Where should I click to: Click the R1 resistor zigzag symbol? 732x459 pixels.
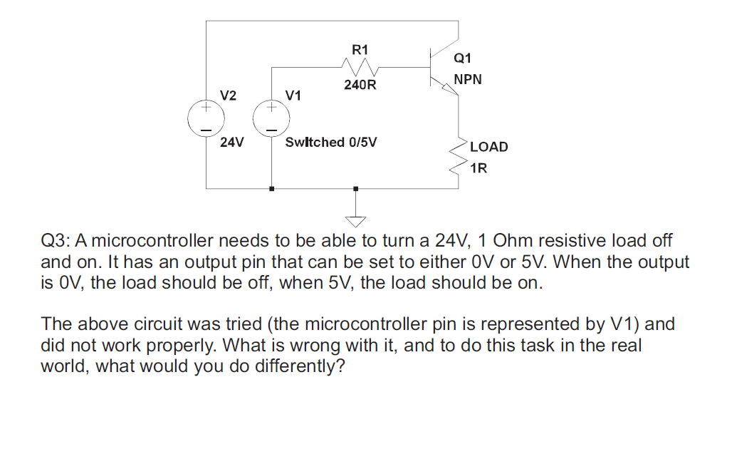[360, 67]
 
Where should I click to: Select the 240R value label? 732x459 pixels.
[360, 85]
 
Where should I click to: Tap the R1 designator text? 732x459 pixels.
[360, 50]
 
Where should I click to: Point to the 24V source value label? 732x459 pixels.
[231, 142]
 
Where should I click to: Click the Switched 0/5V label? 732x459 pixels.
[330, 142]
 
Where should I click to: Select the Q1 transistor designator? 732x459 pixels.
[462, 58]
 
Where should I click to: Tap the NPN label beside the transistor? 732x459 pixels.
[468, 79]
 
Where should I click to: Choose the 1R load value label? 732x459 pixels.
[479, 168]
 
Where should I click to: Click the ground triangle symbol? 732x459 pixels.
[355, 222]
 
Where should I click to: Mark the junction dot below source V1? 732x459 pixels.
[272, 189]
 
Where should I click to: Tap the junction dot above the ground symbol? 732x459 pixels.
[356, 189]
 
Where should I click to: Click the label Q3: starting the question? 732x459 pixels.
[56, 241]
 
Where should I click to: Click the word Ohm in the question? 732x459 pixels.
[513, 241]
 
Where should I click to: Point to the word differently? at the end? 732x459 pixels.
[300, 366]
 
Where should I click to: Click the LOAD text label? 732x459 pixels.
[488, 147]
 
